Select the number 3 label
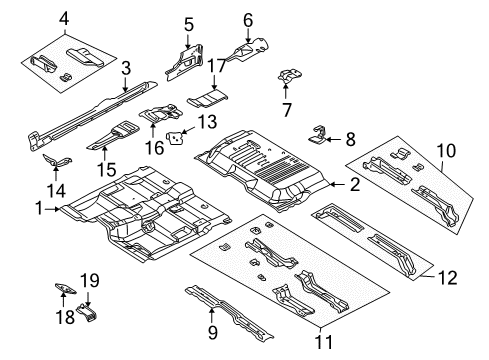[x=125, y=68]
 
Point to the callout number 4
[x=37, y=18]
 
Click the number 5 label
[x=187, y=22]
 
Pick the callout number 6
[x=247, y=18]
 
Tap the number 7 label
[x=286, y=106]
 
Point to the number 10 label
[x=447, y=151]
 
